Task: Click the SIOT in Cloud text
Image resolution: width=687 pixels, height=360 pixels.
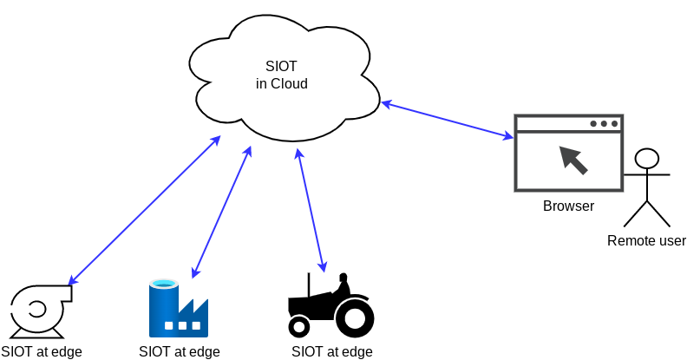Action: [x=281, y=75]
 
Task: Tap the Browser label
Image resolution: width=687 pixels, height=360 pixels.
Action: [x=568, y=206]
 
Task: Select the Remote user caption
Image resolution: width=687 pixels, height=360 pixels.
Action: [x=646, y=240]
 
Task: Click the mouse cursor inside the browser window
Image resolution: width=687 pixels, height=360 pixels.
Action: [x=572, y=160]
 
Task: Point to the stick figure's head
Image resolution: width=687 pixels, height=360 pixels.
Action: [x=646, y=159]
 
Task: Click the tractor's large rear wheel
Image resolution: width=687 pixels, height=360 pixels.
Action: [x=355, y=317]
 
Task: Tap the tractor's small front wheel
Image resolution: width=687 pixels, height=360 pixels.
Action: [x=299, y=326]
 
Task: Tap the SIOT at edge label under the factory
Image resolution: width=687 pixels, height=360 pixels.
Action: [x=180, y=351]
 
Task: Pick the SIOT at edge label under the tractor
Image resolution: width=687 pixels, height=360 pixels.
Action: [x=332, y=351]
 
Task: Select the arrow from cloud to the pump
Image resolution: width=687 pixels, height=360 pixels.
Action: [x=144, y=210]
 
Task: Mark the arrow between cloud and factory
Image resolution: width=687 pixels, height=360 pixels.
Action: [x=221, y=212]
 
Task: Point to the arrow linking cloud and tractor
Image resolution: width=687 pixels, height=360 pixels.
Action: [x=311, y=210]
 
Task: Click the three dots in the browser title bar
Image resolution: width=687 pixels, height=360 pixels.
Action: [x=605, y=123]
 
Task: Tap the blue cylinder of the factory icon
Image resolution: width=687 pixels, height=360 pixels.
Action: [x=162, y=307]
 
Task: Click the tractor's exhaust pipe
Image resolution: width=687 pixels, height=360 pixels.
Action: [x=308, y=285]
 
